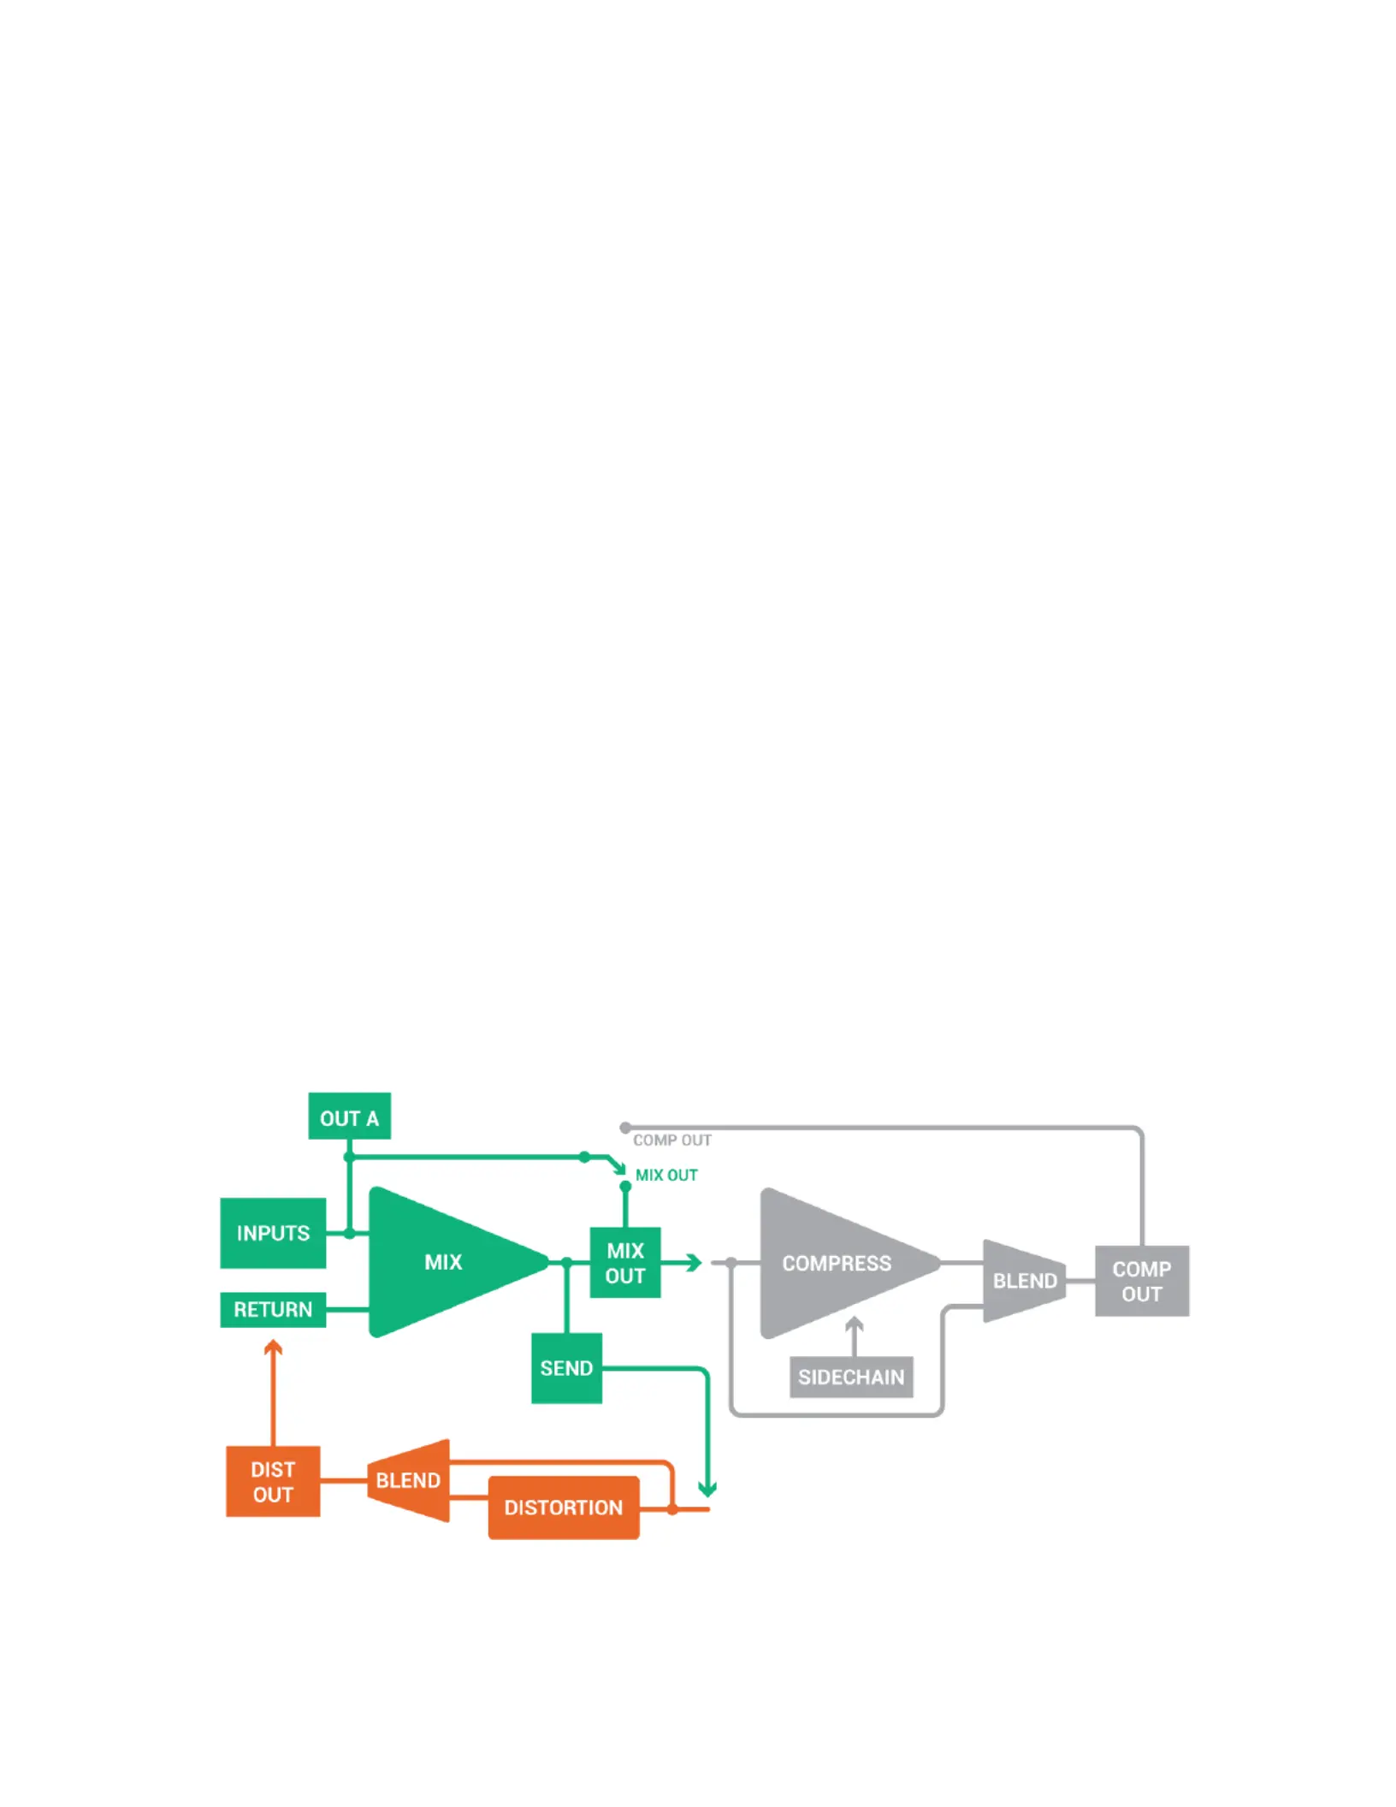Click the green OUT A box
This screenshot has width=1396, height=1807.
tap(349, 1116)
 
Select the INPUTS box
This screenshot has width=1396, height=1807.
tap(273, 1233)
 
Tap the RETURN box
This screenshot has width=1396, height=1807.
tap(273, 1309)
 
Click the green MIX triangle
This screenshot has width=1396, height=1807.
tap(445, 1262)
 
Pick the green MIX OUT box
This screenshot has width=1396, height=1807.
tap(625, 1263)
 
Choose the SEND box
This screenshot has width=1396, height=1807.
tap(566, 1368)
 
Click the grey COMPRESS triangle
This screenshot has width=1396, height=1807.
tap(838, 1263)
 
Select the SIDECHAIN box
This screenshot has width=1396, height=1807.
tap(851, 1377)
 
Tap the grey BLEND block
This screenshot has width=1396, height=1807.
tap(1025, 1281)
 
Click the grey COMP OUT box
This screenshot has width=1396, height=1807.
tap(1142, 1281)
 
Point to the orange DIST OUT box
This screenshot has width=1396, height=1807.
tap(273, 1481)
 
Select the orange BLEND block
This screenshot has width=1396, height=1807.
tap(409, 1480)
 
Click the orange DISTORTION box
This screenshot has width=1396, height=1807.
tap(564, 1507)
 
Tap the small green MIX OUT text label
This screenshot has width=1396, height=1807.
tap(666, 1176)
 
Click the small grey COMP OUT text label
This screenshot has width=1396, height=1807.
tap(672, 1140)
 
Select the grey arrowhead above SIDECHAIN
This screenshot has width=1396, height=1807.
tap(854, 1324)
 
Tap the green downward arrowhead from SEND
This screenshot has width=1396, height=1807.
tap(707, 1490)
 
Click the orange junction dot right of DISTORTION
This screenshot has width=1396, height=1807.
tap(672, 1509)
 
